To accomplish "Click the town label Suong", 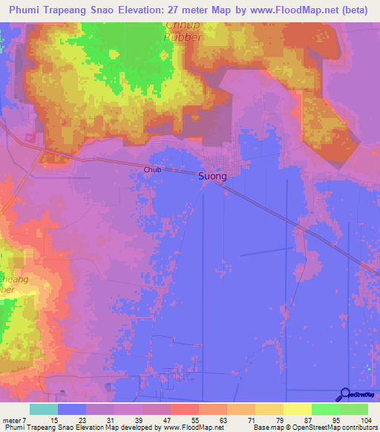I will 212,177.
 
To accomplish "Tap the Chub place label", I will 152,170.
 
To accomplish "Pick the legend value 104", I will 367,419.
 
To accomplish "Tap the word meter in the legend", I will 13,419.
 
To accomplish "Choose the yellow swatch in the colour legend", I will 298,409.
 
